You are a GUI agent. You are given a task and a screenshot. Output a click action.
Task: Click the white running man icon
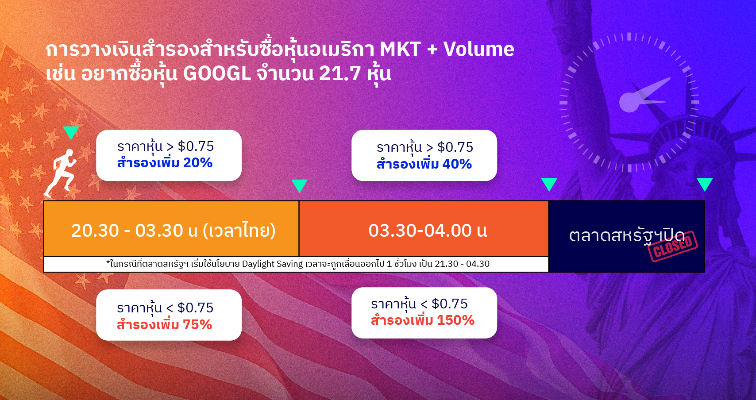[61, 173]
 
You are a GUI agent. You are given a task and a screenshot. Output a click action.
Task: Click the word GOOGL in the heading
[217, 73]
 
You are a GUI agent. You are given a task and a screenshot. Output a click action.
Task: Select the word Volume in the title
[478, 49]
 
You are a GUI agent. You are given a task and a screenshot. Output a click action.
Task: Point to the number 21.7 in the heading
[340, 73]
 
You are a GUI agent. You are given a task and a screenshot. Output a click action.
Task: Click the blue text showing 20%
[198, 162]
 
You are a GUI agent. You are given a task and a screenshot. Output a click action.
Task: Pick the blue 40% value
[457, 164]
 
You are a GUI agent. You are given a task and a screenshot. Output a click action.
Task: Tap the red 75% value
[197, 324]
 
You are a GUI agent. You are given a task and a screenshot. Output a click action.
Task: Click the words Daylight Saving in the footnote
[272, 264]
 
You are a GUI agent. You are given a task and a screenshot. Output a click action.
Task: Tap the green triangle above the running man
[71, 133]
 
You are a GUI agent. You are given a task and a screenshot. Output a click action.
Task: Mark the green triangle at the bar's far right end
[705, 185]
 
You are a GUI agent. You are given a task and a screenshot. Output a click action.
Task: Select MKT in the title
[400, 49]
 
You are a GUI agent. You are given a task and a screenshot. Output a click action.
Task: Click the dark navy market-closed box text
[627, 235]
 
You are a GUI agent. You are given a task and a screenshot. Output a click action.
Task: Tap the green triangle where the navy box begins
[549, 185]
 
